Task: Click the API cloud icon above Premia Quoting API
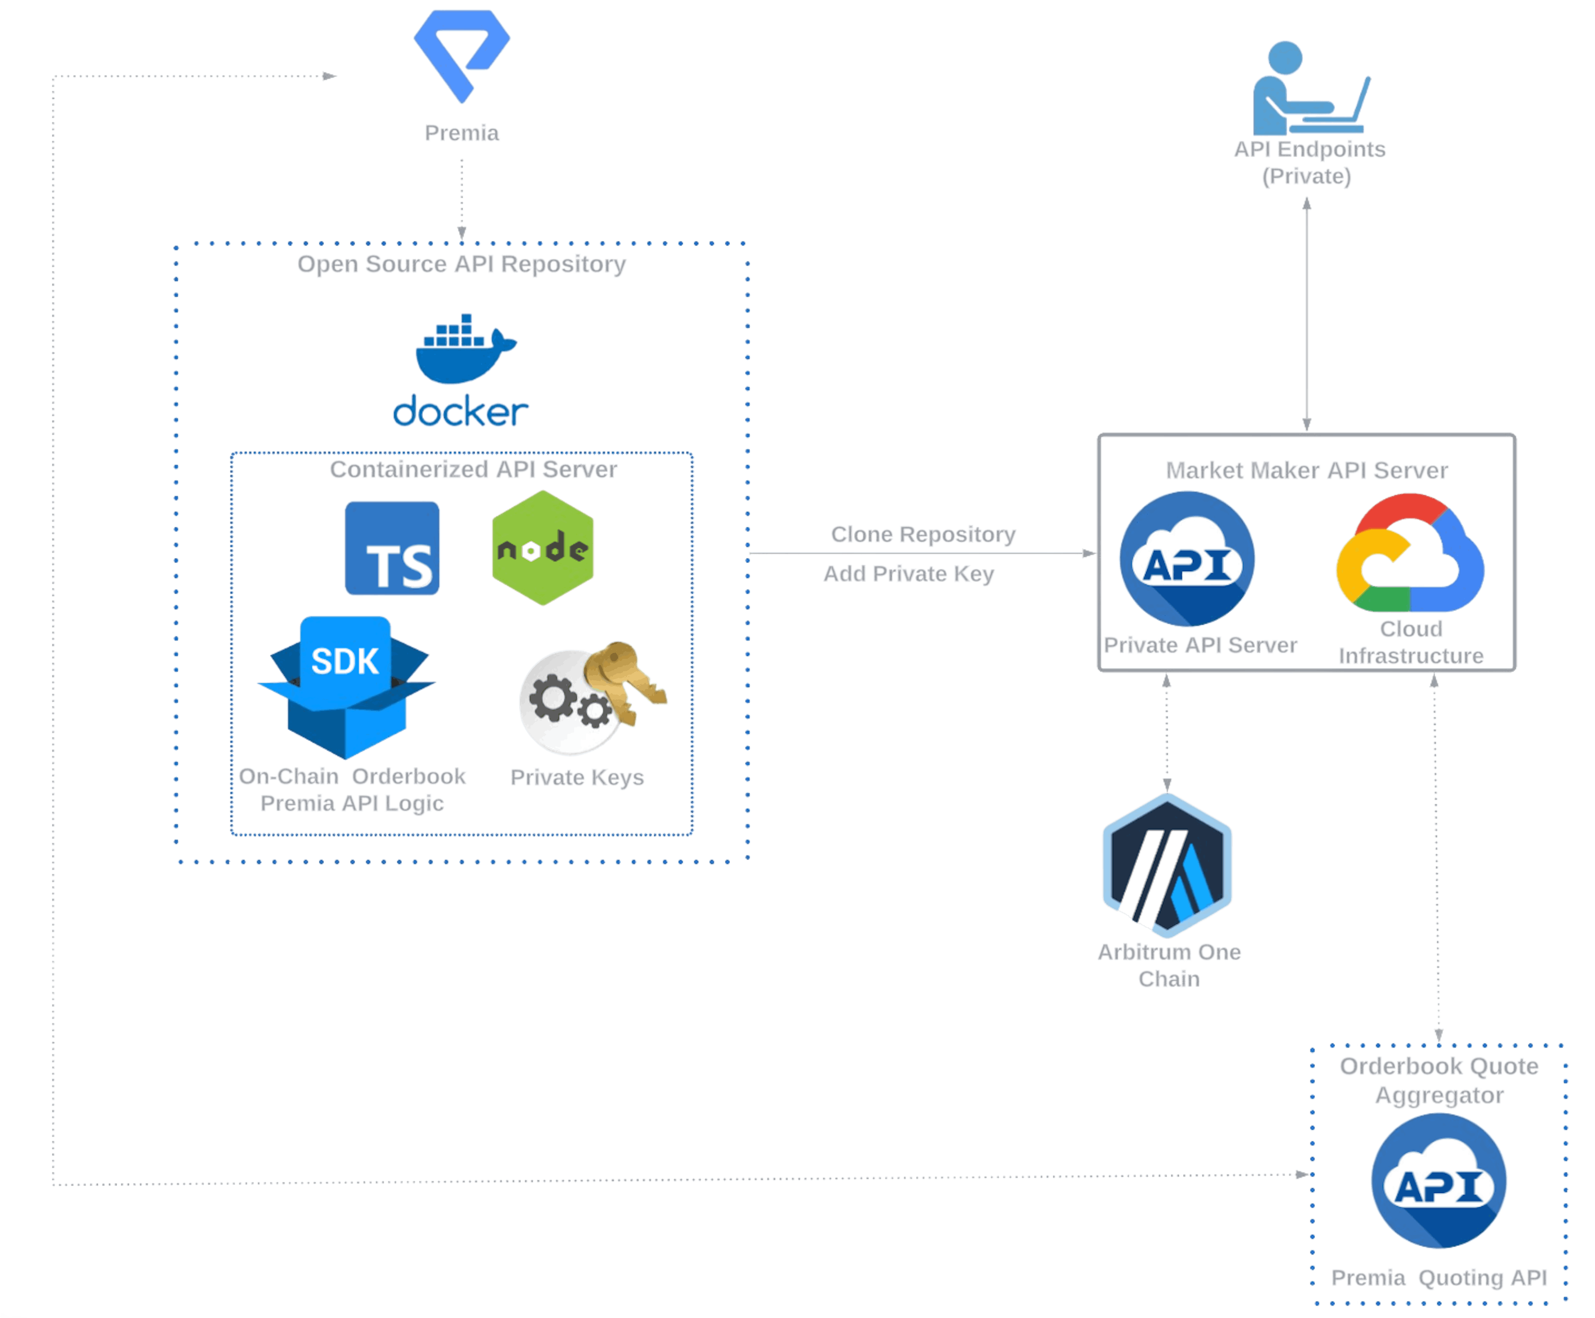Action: pos(1438,1181)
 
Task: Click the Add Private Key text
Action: pos(909,574)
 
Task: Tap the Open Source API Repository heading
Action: pos(461,264)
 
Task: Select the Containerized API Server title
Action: pos(473,469)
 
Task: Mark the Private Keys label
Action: pos(577,778)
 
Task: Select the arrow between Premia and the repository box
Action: pos(461,201)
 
